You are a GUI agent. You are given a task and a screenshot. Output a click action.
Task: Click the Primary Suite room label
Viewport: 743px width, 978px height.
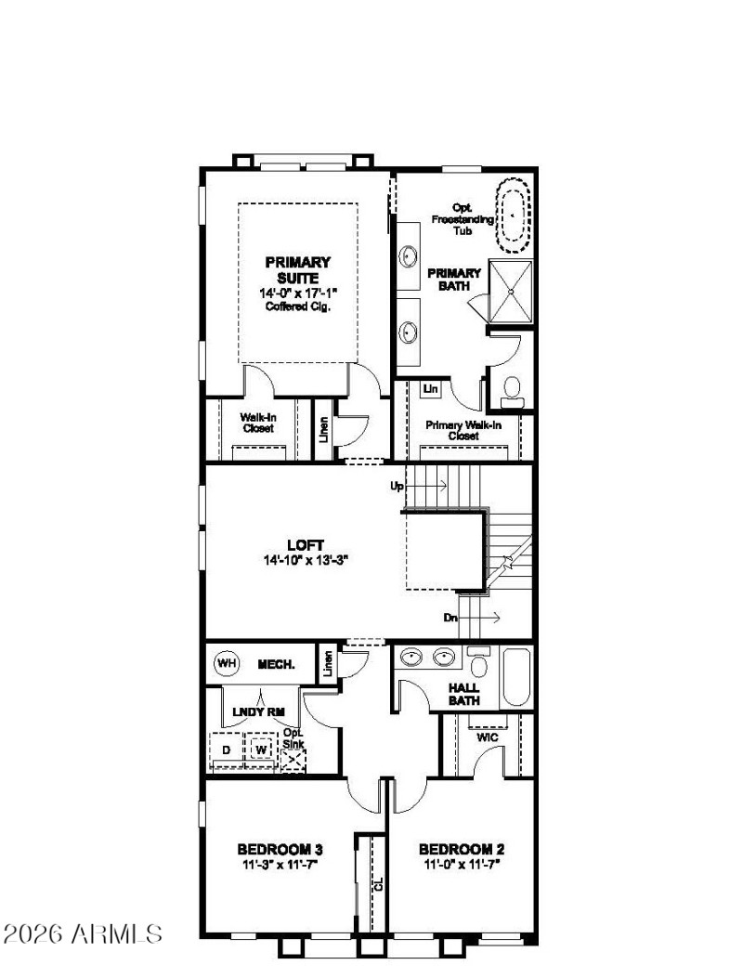(x=297, y=269)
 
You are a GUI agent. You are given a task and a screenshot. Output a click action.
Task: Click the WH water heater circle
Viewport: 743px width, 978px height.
(x=226, y=663)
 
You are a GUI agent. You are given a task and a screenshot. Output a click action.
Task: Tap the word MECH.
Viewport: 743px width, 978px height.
(x=276, y=664)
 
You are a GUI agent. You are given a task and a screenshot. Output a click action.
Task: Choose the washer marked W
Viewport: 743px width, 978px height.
(x=262, y=749)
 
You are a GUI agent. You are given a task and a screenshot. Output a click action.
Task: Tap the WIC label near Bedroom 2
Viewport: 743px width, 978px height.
(x=489, y=737)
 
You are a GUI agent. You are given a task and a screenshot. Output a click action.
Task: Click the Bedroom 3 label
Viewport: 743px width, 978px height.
(x=280, y=849)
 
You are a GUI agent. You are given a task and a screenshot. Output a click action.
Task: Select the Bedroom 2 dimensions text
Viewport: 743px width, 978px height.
(x=462, y=865)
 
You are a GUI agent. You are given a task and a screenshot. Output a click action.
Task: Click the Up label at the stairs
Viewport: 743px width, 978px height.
(x=398, y=486)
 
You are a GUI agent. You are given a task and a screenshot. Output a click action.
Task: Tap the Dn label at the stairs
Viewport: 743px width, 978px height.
(x=450, y=617)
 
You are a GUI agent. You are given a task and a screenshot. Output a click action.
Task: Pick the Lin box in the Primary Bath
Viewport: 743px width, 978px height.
(x=430, y=389)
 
